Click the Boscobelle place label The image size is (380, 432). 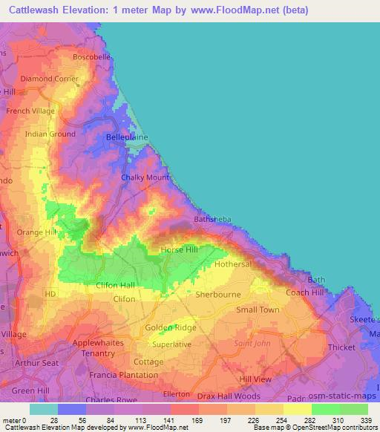[x=91, y=56]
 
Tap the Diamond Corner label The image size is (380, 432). [x=49, y=78]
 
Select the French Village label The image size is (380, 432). [x=30, y=111]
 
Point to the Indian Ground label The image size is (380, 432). [x=50, y=134]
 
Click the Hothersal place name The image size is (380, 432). [x=234, y=264]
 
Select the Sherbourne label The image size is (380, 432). [x=217, y=294]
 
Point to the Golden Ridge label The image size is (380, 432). [x=171, y=327]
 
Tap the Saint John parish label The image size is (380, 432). [x=252, y=343]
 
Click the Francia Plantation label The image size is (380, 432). [x=122, y=376]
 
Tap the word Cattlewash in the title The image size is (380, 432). [x=41, y=10]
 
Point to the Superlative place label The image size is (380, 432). [x=171, y=344]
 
